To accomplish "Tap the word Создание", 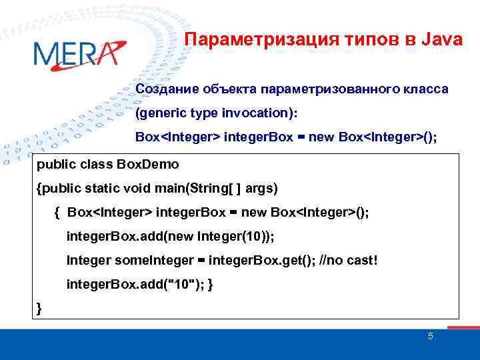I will pyautogui.click(x=162, y=89).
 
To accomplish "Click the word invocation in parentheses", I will pyautogui.click(x=255, y=113).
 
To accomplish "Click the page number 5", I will pyautogui.click(x=430, y=336).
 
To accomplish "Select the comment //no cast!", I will pyautogui.click(x=347, y=259).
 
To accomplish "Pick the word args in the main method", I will pyautogui.click(x=261, y=189).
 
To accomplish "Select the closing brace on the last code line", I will pyautogui.click(x=39, y=307).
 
